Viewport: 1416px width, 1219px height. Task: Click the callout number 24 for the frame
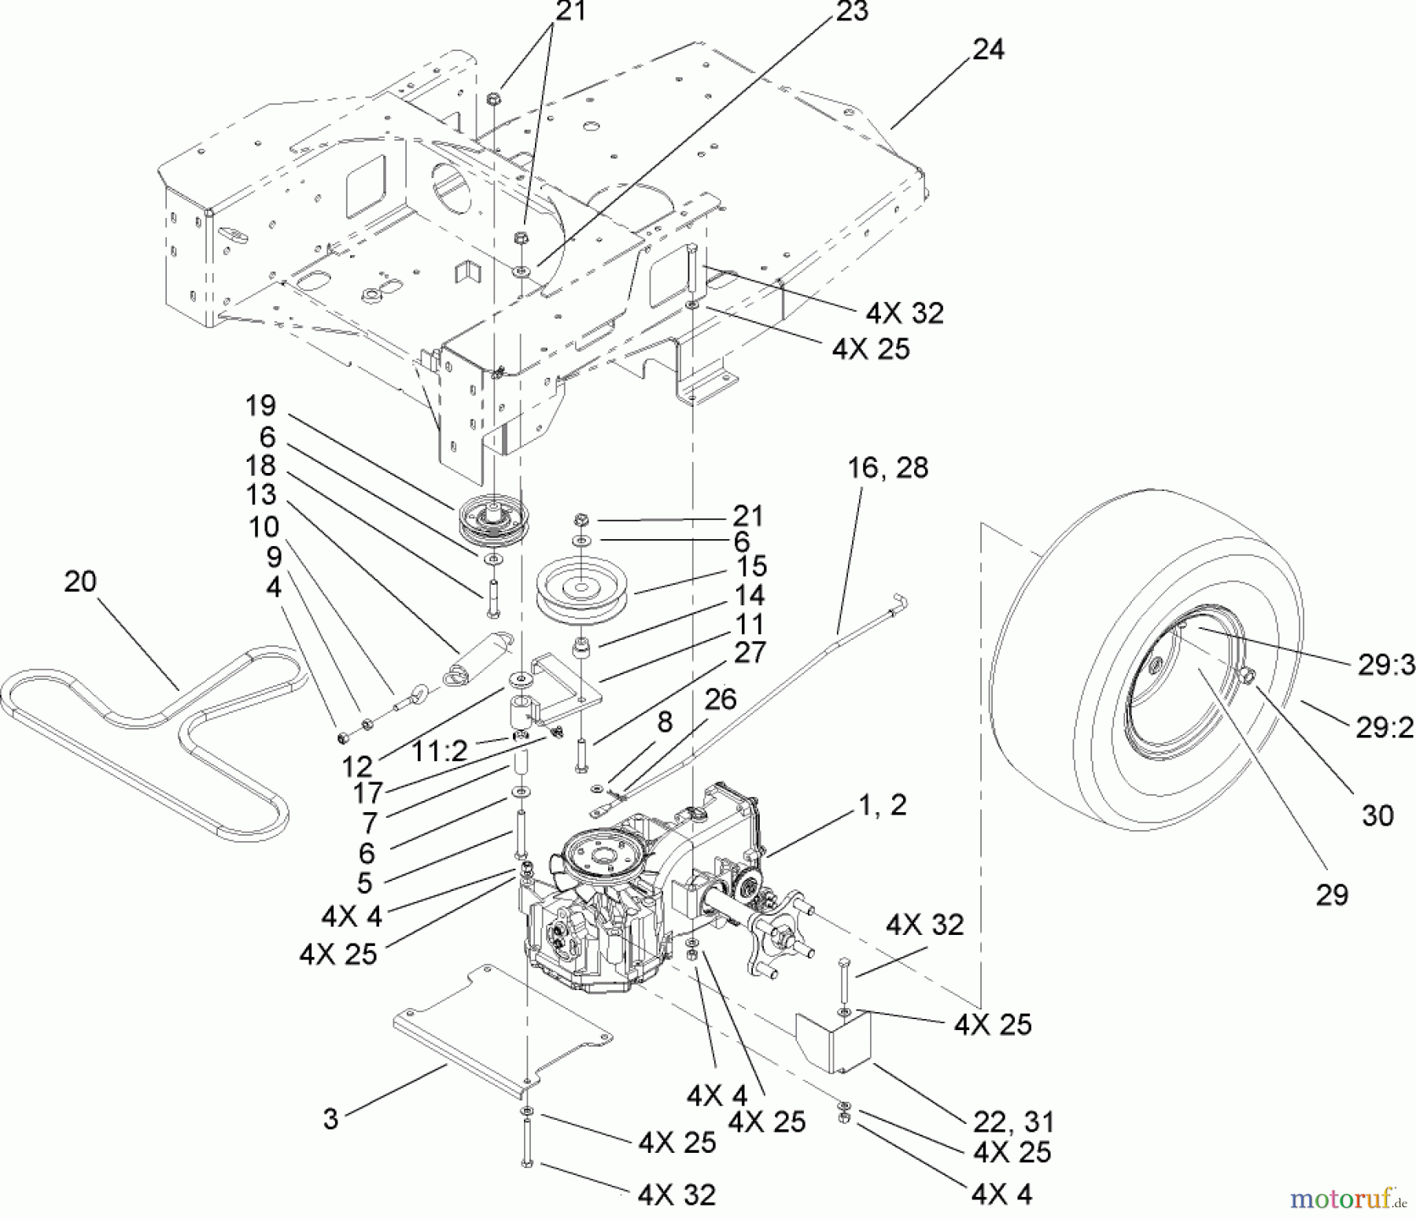988,50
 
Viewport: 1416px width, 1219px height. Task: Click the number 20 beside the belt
79,582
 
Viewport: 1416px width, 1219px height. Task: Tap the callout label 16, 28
887,467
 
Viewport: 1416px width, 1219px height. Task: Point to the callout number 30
1377,815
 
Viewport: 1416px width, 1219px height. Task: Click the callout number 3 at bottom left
330,1119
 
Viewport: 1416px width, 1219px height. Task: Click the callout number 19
260,406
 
